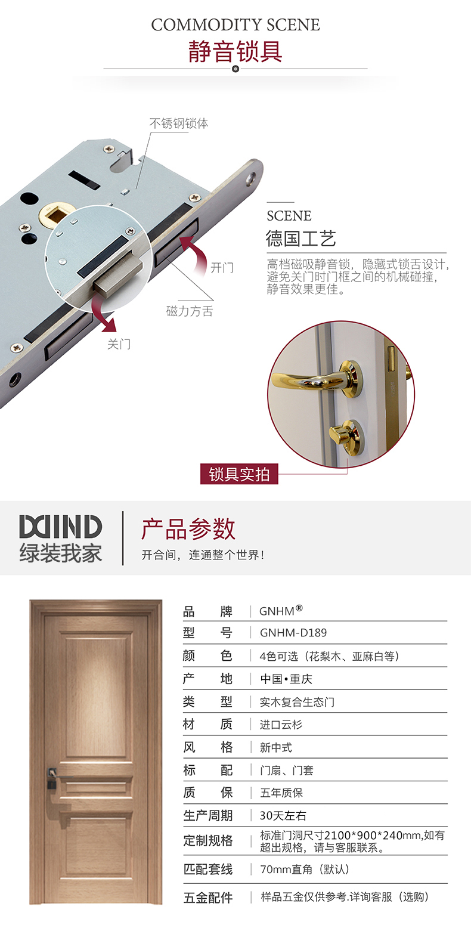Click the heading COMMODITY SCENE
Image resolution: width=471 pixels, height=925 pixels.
[235, 25]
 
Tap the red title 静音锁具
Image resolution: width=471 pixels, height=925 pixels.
[235, 52]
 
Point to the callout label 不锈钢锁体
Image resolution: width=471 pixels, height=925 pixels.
[179, 123]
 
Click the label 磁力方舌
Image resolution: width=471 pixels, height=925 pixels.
[190, 311]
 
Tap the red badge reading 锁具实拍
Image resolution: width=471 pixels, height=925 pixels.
[239, 474]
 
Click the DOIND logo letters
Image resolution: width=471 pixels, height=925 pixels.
[60, 527]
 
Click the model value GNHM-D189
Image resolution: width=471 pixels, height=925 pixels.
[293, 633]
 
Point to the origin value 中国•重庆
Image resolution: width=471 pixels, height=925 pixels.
[286, 679]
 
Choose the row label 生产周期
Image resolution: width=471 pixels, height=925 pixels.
[208, 816]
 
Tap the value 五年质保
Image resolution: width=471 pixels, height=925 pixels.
[281, 793]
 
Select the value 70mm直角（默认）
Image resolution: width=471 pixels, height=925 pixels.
[305, 870]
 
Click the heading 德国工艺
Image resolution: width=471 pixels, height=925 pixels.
[301, 239]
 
